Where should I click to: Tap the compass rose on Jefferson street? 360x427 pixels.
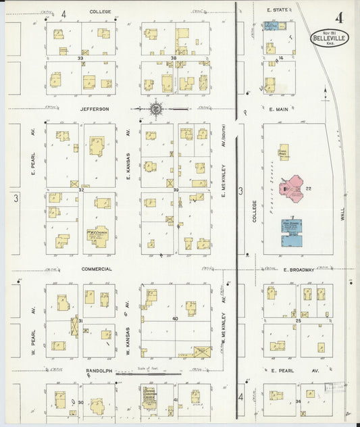tap(155, 108)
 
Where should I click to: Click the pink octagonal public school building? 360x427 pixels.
tap(292, 189)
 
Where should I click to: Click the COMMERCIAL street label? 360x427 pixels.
tap(97, 268)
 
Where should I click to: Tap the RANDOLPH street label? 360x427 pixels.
tap(99, 371)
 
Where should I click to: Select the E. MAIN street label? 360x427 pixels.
tap(278, 108)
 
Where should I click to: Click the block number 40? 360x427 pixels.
tap(175, 318)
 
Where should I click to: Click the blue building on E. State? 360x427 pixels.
tap(271, 26)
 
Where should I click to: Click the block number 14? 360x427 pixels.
tap(279, 58)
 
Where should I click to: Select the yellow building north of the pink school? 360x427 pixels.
tap(284, 151)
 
